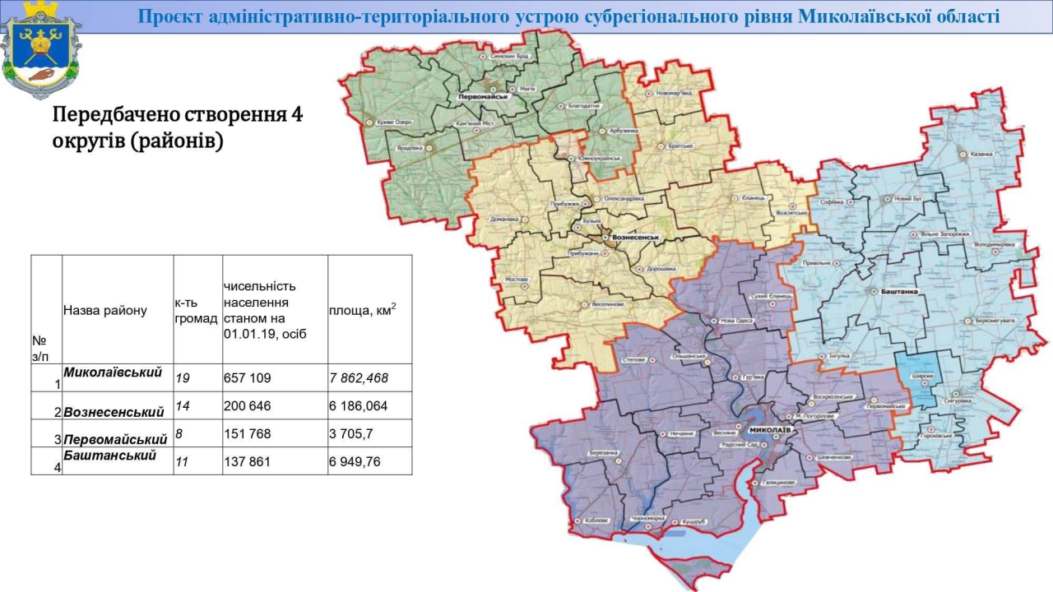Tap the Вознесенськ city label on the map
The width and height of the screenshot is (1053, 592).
tap(638, 237)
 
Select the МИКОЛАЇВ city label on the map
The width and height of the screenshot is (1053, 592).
tap(770, 430)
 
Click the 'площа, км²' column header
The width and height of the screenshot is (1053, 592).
tap(362, 310)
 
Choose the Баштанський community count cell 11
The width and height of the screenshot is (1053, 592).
tap(182, 462)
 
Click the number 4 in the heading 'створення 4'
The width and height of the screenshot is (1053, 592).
tap(297, 114)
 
